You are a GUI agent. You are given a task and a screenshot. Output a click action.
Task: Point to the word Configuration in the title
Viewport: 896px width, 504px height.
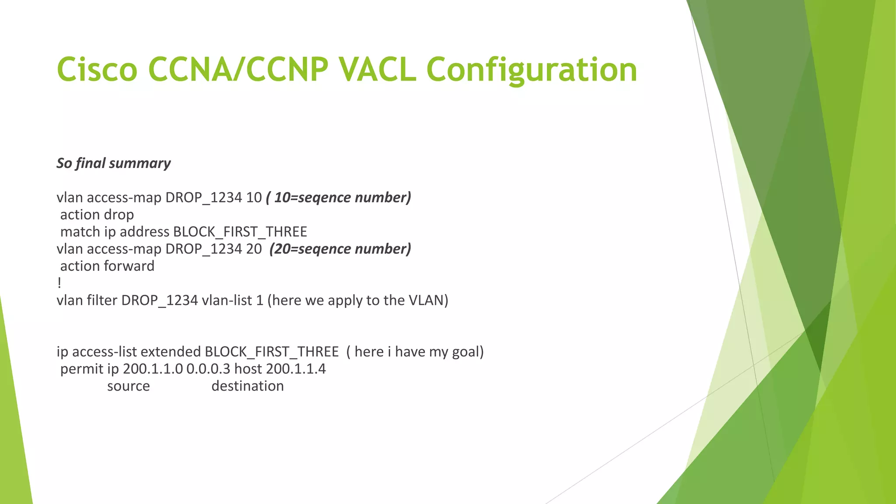532,70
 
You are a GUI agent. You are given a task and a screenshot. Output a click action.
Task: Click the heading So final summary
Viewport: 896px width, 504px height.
113,163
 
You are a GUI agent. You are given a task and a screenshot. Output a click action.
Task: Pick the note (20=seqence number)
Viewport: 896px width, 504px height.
340,248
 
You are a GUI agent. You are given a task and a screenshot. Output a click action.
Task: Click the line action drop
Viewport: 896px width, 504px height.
97,215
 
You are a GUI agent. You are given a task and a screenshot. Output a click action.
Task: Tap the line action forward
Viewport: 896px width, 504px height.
107,266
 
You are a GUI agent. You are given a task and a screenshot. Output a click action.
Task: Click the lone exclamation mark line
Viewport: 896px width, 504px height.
59,283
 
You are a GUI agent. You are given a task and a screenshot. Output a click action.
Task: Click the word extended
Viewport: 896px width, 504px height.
170,352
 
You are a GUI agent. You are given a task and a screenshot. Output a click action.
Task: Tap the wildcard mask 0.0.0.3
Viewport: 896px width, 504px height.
208,369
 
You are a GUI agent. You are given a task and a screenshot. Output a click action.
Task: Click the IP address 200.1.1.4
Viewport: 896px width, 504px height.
296,369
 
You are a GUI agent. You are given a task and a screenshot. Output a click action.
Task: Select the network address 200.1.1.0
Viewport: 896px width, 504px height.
153,369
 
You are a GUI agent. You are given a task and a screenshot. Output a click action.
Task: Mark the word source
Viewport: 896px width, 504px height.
128,386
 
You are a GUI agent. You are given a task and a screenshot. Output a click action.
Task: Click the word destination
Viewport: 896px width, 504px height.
248,386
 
